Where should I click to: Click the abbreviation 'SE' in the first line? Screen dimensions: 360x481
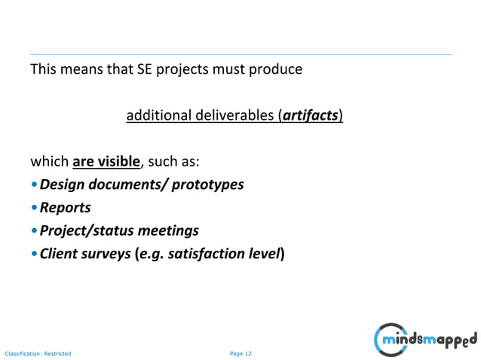click(x=144, y=71)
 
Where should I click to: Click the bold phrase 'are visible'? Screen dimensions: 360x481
click(x=106, y=161)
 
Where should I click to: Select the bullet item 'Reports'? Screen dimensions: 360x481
click(x=66, y=207)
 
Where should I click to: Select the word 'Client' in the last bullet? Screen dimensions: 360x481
click(x=61, y=253)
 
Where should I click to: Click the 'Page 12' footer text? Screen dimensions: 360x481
click(x=240, y=352)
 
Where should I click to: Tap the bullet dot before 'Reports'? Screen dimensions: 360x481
click(x=34, y=208)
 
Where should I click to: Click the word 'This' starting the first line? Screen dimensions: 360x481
click(x=43, y=71)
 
